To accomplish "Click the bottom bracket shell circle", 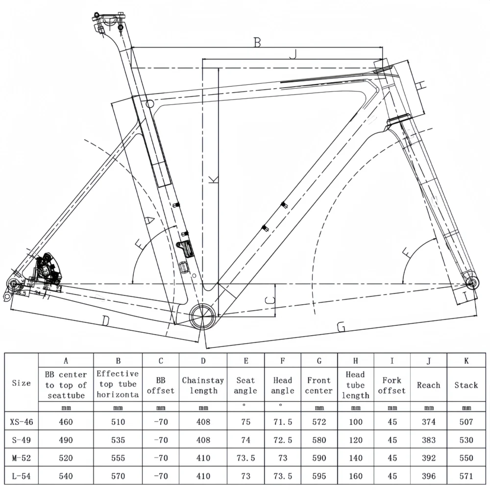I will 203,315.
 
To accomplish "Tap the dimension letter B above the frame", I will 257,42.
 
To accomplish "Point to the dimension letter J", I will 293,55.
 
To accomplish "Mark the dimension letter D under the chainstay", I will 105,321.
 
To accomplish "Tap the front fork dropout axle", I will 472,283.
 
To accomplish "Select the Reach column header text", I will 428,385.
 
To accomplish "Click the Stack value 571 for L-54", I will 466,476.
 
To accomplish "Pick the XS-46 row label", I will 21,421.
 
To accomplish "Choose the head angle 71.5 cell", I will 283,421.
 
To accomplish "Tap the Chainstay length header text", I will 203,385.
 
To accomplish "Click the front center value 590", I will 319,458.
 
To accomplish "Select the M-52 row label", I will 21,458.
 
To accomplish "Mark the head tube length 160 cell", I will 355,476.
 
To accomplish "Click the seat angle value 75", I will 245,421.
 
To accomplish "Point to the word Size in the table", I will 21,383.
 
